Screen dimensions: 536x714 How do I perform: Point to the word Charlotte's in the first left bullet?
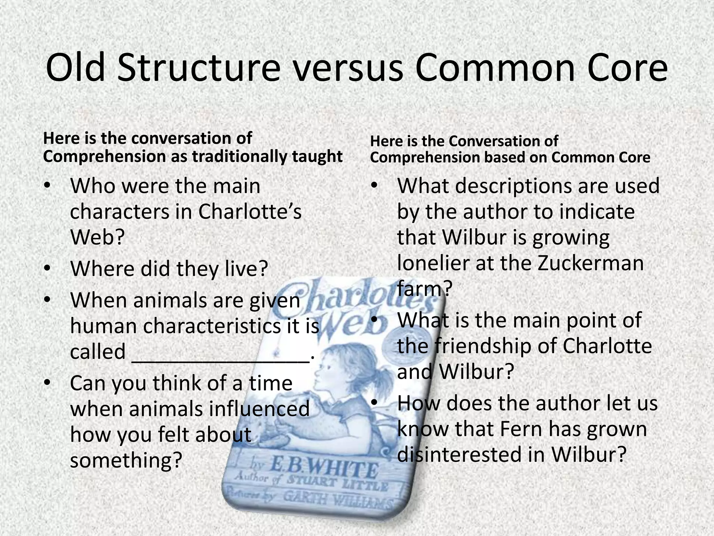[x=250, y=211]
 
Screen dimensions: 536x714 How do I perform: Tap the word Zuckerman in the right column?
[x=590, y=263]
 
